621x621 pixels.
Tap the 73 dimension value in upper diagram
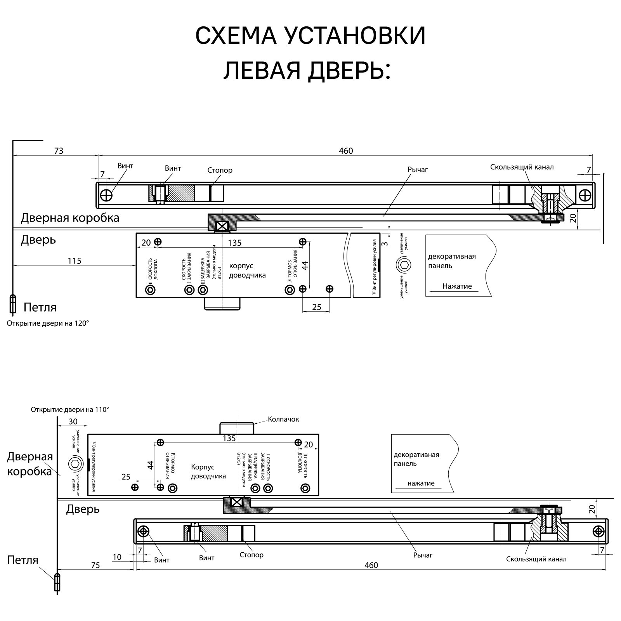click(x=59, y=151)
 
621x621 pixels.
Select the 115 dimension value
click(x=75, y=261)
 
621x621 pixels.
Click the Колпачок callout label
click(x=283, y=419)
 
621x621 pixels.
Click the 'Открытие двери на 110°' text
click(x=70, y=409)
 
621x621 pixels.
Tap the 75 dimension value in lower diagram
click(x=95, y=565)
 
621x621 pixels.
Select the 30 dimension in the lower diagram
click(x=73, y=422)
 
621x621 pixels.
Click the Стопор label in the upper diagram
click(x=220, y=170)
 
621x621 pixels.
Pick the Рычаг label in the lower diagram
click(x=423, y=555)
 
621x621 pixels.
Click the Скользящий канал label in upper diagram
click(x=522, y=167)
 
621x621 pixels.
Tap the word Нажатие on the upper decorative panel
click(x=457, y=286)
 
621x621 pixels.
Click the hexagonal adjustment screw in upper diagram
click(x=404, y=265)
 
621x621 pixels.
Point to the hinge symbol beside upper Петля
click(x=13, y=304)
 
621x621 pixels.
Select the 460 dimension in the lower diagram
click(x=371, y=565)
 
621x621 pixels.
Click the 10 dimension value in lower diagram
click(x=117, y=557)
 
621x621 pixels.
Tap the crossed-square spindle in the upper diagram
click(x=222, y=226)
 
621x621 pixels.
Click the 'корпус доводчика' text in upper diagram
click(x=247, y=271)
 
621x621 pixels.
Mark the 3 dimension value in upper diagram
click(x=384, y=244)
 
